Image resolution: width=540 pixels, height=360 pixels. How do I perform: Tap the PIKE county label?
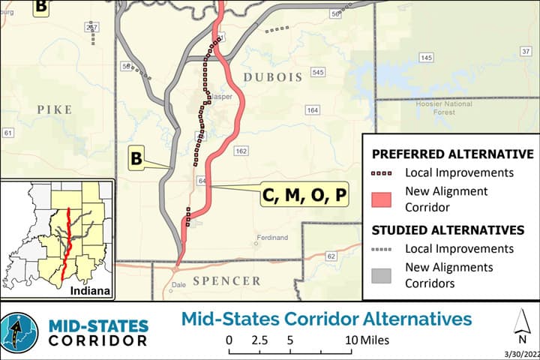click(54, 109)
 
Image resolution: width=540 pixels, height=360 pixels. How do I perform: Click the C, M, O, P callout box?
click(304, 196)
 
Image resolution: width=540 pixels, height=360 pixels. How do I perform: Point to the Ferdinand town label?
click(271, 238)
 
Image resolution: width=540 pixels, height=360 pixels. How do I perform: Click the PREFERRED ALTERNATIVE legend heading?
click(452, 154)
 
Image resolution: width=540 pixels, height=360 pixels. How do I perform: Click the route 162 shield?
click(241, 151)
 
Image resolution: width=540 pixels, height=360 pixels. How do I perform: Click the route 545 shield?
click(318, 73)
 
